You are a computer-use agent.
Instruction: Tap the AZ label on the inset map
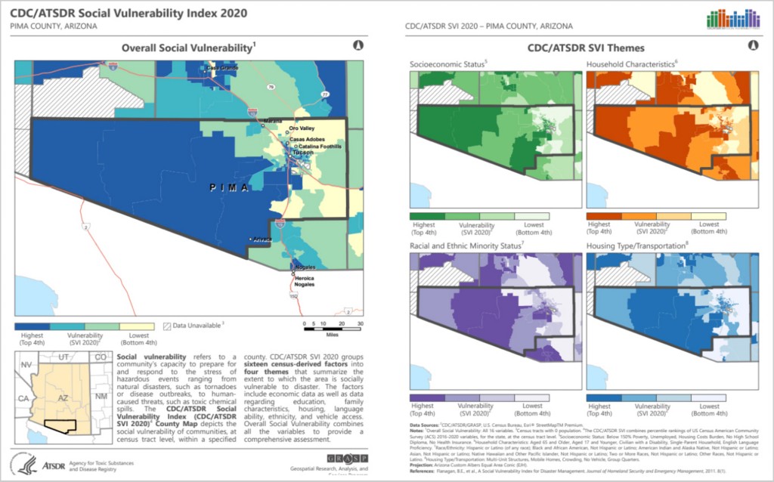click(x=65, y=396)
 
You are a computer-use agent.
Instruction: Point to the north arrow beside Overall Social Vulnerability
click(x=358, y=45)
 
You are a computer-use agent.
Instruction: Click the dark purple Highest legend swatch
click(x=426, y=397)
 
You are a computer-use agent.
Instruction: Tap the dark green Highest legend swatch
click(x=426, y=216)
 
